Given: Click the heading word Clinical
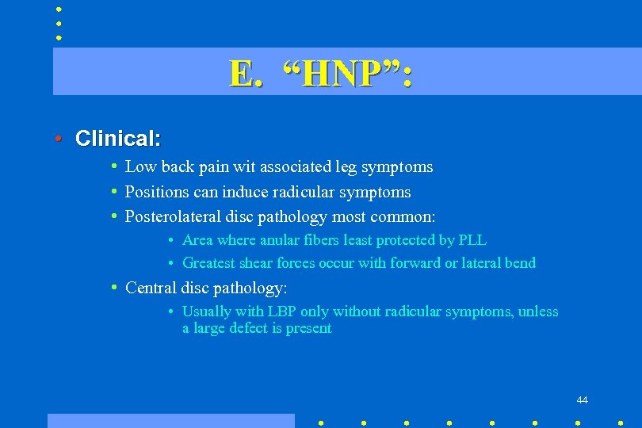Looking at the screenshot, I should click(118, 139).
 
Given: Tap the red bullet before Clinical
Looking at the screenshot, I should click(59, 139).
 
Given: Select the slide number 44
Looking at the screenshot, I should click(582, 399).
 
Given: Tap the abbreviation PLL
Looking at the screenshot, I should click(472, 239).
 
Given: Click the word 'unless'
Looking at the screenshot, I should click(538, 311).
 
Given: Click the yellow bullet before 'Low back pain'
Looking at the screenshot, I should click(115, 167).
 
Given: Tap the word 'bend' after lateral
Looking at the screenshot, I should click(520, 263).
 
